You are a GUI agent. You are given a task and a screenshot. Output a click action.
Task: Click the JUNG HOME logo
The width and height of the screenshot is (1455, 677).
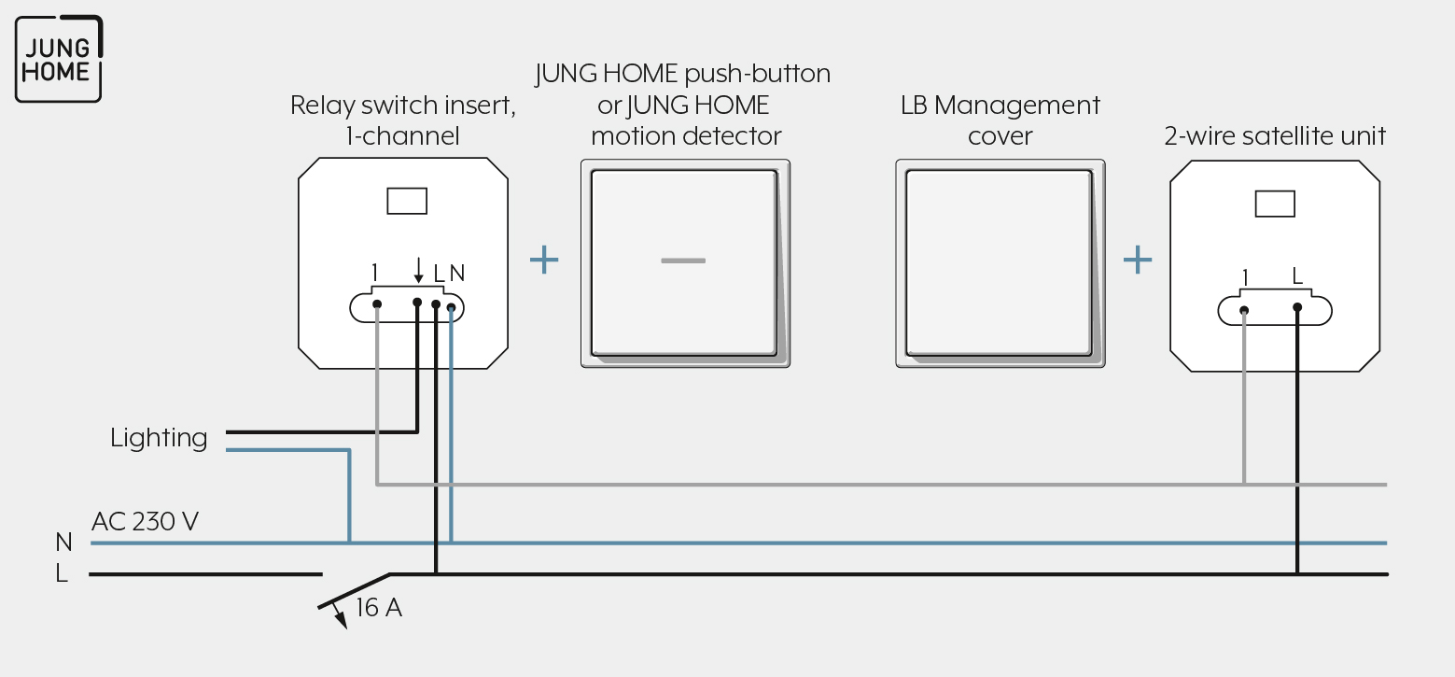click(59, 59)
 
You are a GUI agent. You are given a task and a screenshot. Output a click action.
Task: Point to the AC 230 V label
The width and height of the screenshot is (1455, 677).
click(145, 521)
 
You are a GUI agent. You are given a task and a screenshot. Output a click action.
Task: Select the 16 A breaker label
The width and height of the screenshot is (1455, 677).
click(379, 608)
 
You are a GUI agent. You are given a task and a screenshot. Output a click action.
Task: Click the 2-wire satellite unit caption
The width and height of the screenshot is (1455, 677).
click(1275, 135)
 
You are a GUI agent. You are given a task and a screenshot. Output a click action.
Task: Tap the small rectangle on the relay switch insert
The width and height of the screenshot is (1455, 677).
click(407, 201)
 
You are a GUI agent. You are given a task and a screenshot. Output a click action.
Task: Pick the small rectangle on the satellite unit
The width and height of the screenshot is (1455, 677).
click(1275, 204)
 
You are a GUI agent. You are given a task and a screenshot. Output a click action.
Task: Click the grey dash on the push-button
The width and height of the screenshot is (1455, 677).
click(683, 261)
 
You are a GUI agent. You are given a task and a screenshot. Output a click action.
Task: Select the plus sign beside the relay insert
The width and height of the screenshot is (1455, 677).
click(544, 260)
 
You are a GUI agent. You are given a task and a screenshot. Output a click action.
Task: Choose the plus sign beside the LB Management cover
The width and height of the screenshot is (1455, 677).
click(1138, 260)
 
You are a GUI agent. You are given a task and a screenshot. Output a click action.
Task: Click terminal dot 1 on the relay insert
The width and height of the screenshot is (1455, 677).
click(377, 304)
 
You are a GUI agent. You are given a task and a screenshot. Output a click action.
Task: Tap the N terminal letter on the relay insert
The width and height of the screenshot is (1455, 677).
click(456, 274)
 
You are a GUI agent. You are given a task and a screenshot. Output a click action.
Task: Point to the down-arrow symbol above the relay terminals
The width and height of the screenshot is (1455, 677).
click(418, 270)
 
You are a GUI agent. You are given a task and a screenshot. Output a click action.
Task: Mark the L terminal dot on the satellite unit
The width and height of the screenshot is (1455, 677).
click(1297, 307)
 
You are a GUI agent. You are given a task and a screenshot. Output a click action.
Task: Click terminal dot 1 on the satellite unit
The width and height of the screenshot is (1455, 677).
click(1244, 311)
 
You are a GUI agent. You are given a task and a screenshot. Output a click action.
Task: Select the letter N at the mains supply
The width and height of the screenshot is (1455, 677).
click(63, 542)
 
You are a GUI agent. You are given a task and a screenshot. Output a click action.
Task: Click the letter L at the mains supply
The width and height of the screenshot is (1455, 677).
click(62, 573)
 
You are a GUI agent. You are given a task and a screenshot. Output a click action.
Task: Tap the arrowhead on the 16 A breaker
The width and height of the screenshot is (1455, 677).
click(341, 620)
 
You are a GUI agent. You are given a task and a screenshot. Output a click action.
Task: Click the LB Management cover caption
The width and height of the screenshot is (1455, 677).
click(1000, 120)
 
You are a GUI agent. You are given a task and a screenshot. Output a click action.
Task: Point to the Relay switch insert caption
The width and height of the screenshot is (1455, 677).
click(403, 120)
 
